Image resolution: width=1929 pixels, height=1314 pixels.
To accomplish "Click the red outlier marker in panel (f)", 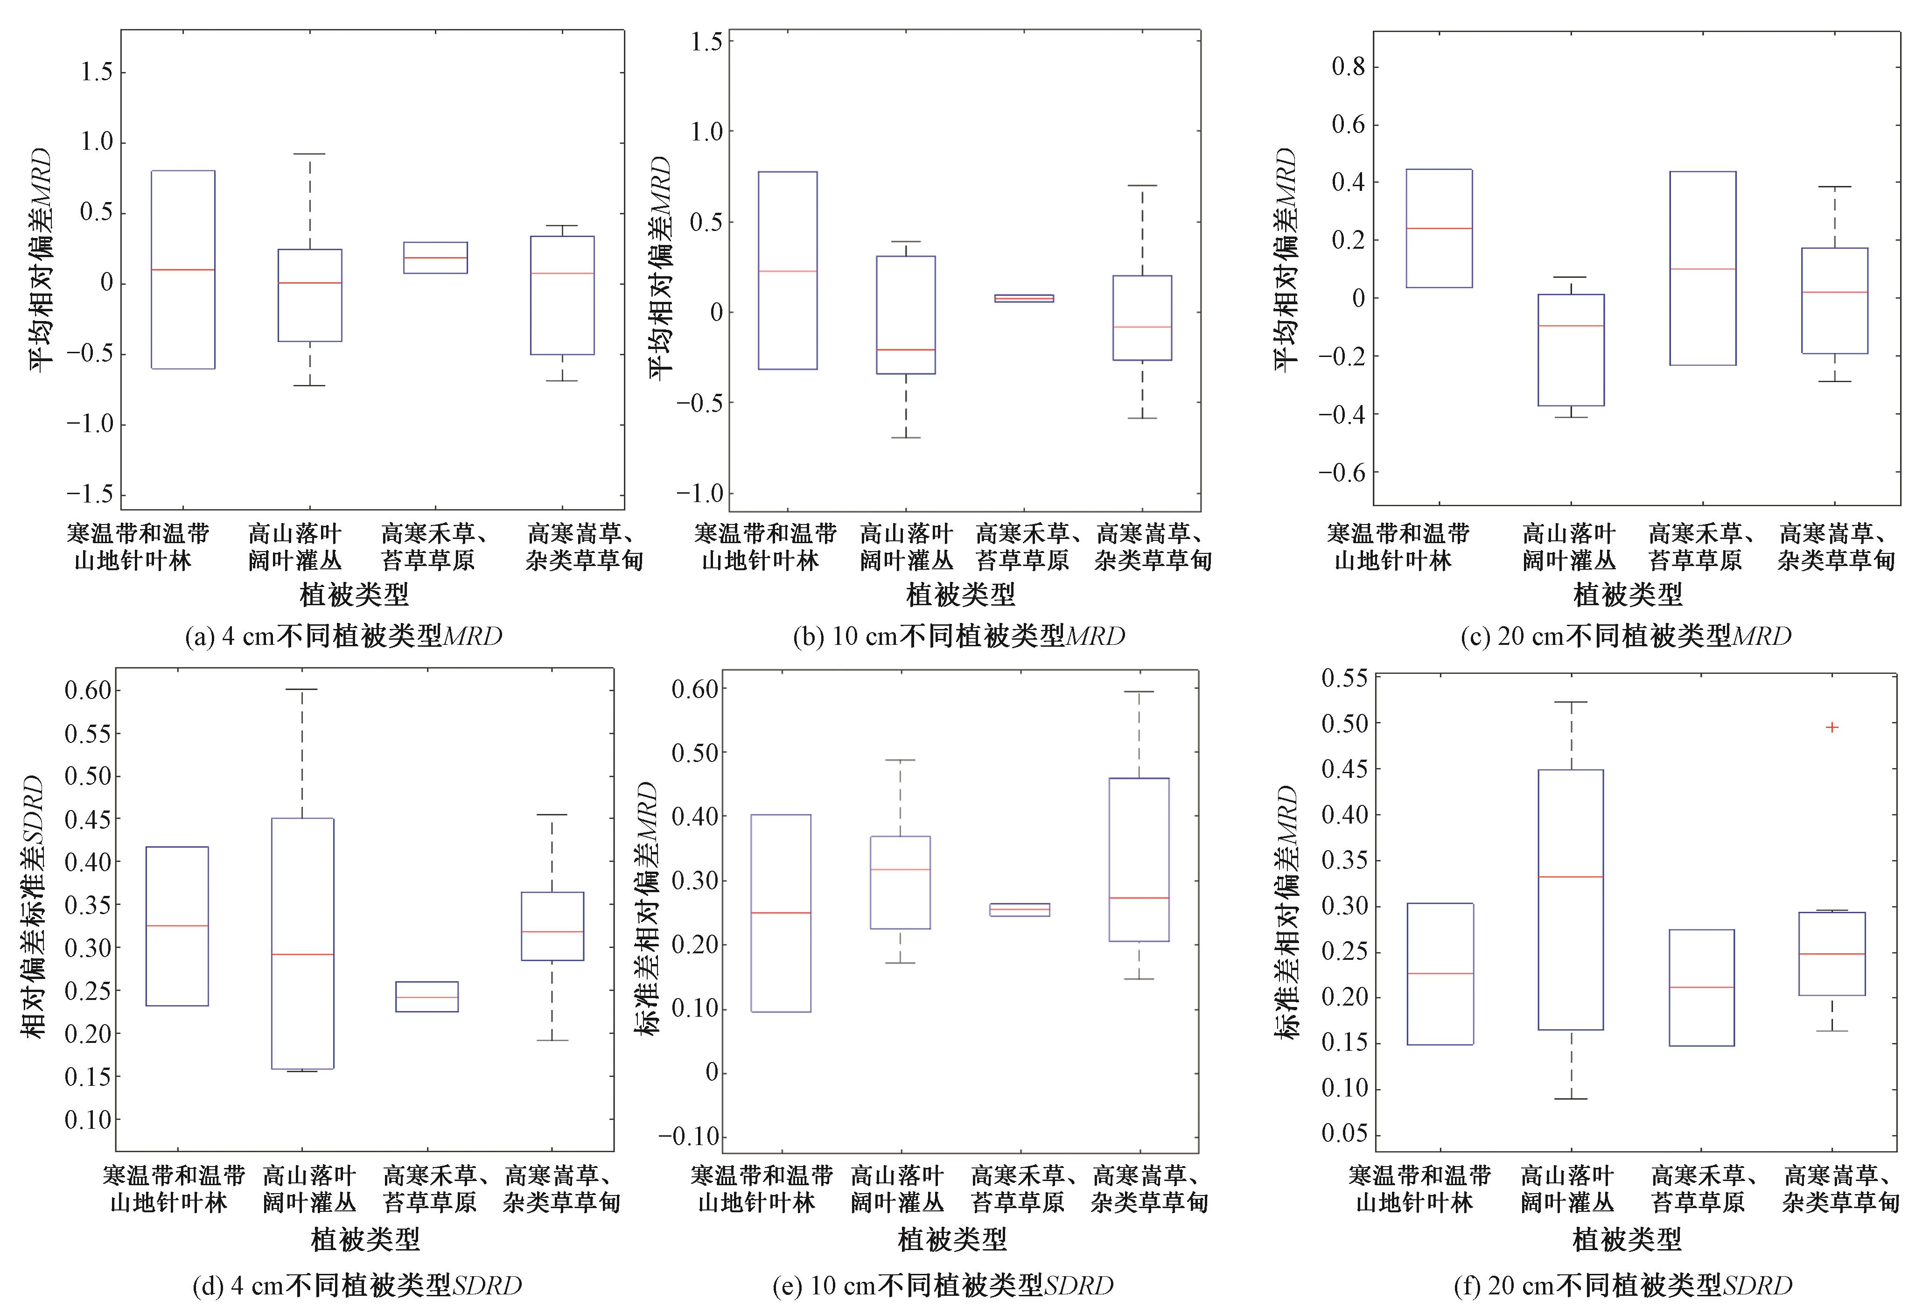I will [x=1832, y=727].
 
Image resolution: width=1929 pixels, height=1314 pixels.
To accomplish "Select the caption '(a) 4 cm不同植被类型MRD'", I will [x=343, y=636].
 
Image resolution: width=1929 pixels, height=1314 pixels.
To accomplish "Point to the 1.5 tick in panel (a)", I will [x=96, y=72].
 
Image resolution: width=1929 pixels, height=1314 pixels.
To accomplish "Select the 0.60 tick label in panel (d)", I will [x=88, y=690].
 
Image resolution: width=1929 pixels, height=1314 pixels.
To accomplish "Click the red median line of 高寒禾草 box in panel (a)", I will [x=435, y=258].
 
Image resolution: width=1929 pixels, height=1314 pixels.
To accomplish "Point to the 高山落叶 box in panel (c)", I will [x=1571, y=350].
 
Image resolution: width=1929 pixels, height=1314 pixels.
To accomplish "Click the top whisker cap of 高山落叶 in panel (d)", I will [x=302, y=689].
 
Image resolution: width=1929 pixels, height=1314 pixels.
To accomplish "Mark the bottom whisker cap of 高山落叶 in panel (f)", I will [x=1571, y=1099].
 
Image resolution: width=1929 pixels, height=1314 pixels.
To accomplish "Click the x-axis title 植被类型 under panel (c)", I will [x=1628, y=594].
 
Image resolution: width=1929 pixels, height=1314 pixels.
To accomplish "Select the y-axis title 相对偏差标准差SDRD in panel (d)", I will [x=33, y=907].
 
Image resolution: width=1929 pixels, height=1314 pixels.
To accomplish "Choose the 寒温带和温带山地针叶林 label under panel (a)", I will [x=138, y=547].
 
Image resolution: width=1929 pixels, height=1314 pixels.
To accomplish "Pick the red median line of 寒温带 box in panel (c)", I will [x=1439, y=228].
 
